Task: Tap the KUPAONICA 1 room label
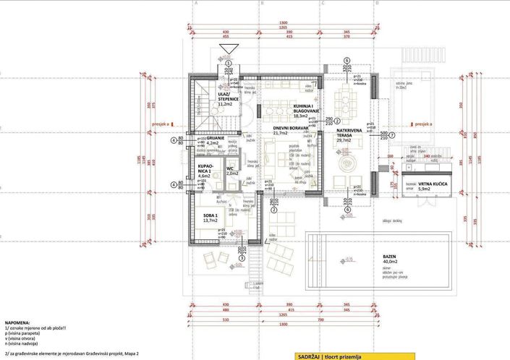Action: tap(205, 169)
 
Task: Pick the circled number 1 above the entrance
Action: tap(229, 63)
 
